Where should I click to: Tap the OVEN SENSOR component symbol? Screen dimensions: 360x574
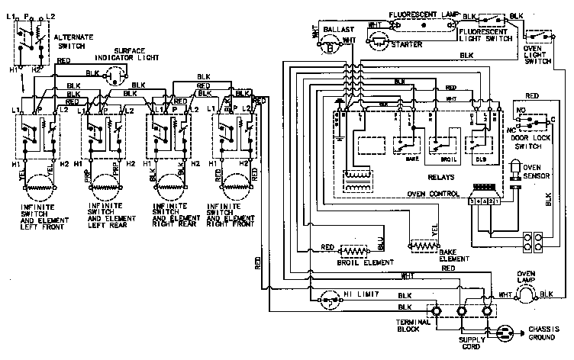[514, 172]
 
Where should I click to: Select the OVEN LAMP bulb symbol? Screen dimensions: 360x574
[526, 293]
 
